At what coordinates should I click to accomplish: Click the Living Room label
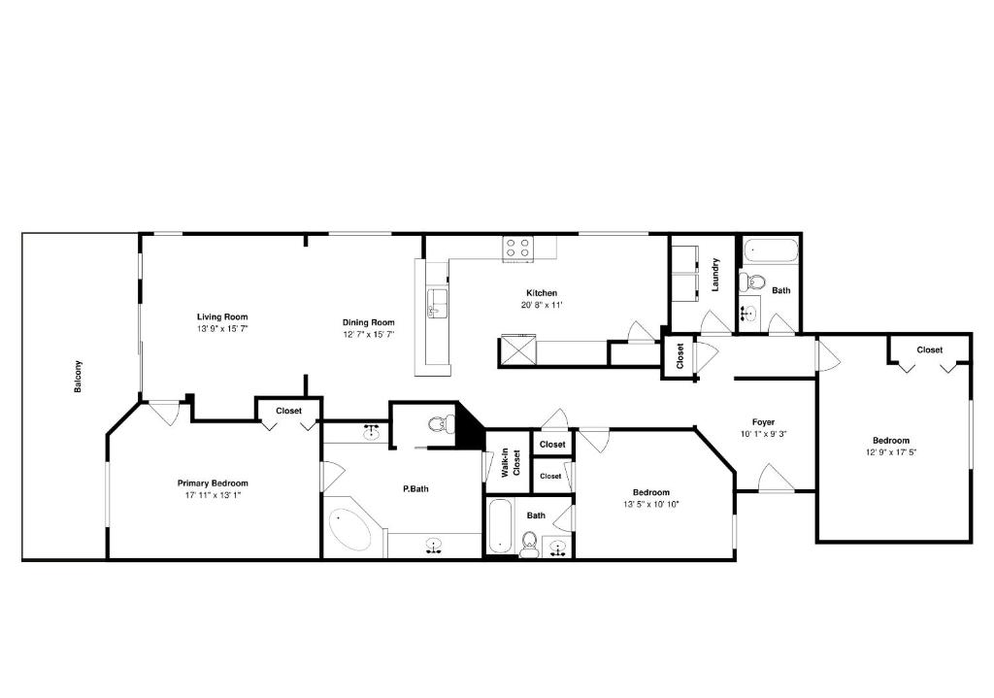point(222,316)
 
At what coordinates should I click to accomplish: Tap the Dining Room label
point(368,322)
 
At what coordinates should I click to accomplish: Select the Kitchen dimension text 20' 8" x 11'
point(542,305)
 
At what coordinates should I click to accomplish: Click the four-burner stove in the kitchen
point(517,249)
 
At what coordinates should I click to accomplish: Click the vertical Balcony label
point(79,377)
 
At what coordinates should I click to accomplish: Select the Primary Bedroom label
point(212,482)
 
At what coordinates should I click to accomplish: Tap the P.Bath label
point(415,488)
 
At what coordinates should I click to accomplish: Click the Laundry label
point(715,274)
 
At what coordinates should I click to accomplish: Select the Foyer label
point(763,422)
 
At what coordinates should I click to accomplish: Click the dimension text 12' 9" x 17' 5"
point(891,451)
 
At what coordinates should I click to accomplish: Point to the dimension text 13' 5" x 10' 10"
point(650,504)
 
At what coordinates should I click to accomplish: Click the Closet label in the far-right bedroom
point(929,349)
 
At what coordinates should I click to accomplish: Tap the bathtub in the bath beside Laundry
point(771,253)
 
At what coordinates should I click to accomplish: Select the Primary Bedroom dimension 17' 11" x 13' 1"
point(212,495)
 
